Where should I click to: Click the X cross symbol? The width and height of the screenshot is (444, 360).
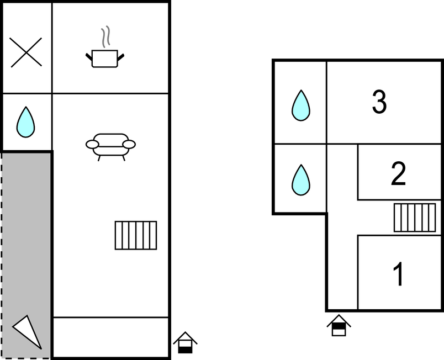click(x=26, y=52)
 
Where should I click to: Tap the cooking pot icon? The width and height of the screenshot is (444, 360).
click(x=105, y=58)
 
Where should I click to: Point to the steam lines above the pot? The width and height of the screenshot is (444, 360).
click(x=105, y=36)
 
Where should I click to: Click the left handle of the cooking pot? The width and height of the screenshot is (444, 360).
click(x=89, y=56)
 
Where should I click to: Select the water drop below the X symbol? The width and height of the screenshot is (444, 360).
click(x=26, y=122)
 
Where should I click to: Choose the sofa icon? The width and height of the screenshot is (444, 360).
click(x=110, y=145)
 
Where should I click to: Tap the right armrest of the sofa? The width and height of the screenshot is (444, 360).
click(x=129, y=145)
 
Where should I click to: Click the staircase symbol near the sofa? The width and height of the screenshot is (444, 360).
click(x=136, y=235)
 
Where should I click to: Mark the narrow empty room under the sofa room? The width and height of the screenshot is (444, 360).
click(x=110, y=337)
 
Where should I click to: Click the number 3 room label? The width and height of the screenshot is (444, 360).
click(x=379, y=102)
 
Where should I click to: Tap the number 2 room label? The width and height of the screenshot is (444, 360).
click(x=398, y=174)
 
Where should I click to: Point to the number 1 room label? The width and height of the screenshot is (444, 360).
click(x=398, y=274)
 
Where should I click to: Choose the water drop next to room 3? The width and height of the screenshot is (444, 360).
click(x=300, y=105)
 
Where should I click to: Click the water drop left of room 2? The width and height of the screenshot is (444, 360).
click(x=300, y=179)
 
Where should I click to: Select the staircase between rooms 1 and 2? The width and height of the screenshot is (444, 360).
click(x=415, y=218)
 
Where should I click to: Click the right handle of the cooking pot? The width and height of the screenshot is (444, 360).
click(x=121, y=56)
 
